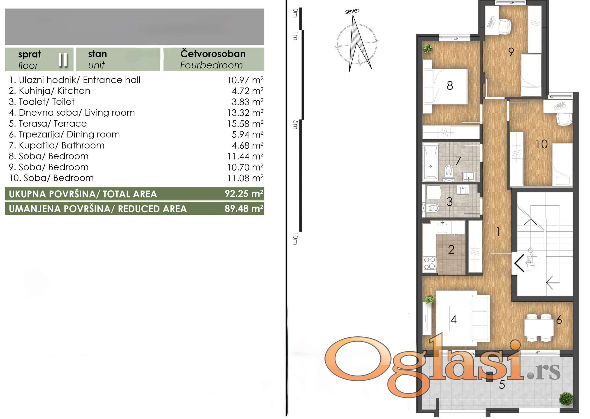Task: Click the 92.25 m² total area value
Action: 244,194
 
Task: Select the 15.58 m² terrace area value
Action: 245,124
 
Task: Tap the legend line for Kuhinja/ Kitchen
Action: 50,91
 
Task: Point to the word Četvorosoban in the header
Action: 213,54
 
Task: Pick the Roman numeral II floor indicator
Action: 63,60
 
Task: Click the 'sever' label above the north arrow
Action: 352,11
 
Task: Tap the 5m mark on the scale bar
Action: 295,125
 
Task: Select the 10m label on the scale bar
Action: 295,239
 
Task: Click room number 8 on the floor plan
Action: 450,85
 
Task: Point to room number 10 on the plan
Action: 541,144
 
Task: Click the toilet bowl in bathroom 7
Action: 449,171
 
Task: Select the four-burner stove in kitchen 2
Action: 429,263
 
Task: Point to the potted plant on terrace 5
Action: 566,399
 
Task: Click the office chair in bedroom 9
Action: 504,26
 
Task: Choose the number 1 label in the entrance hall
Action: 498,231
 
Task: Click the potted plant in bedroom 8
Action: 428,49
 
